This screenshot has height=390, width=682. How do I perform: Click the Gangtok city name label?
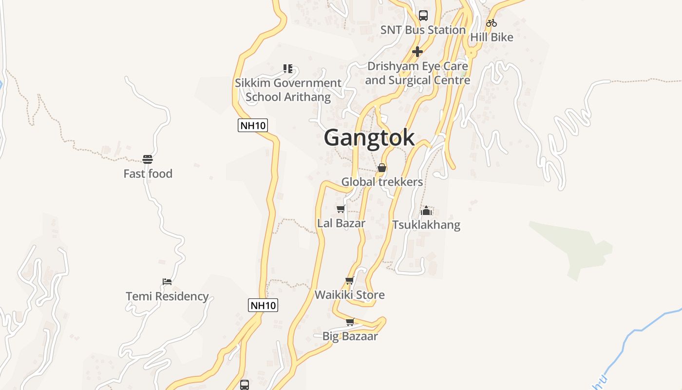(x=369, y=137)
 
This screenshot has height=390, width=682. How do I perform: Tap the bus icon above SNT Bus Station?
(x=423, y=16)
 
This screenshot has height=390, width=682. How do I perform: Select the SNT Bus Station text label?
(x=423, y=30)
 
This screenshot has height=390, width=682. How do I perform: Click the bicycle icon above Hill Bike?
(x=492, y=23)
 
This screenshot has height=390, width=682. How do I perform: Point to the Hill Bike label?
(x=492, y=37)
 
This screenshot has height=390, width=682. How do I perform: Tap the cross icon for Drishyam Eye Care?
(x=417, y=52)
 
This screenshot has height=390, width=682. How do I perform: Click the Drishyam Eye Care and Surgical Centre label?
(x=417, y=73)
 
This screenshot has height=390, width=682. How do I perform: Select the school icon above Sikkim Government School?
(x=288, y=69)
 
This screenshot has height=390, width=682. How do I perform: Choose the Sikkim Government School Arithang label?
(x=288, y=90)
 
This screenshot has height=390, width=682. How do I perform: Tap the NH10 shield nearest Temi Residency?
(x=263, y=306)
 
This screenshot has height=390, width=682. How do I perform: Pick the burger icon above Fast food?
(x=148, y=159)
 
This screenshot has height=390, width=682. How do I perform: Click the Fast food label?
(x=148, y=174)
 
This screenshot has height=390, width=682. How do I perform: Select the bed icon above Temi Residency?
(x=167, y=282)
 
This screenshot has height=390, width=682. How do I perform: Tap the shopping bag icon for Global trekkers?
(x=382, y=168)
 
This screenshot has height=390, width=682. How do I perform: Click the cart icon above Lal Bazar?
(x=341, y=209)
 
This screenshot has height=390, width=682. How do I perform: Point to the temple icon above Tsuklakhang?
(x=426, y=211)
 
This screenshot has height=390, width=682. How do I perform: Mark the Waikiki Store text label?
(x=349, y=295)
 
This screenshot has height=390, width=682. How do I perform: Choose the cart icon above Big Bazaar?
(x=350, y=322)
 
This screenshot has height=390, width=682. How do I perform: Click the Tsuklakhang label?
(x=426, y=225)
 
